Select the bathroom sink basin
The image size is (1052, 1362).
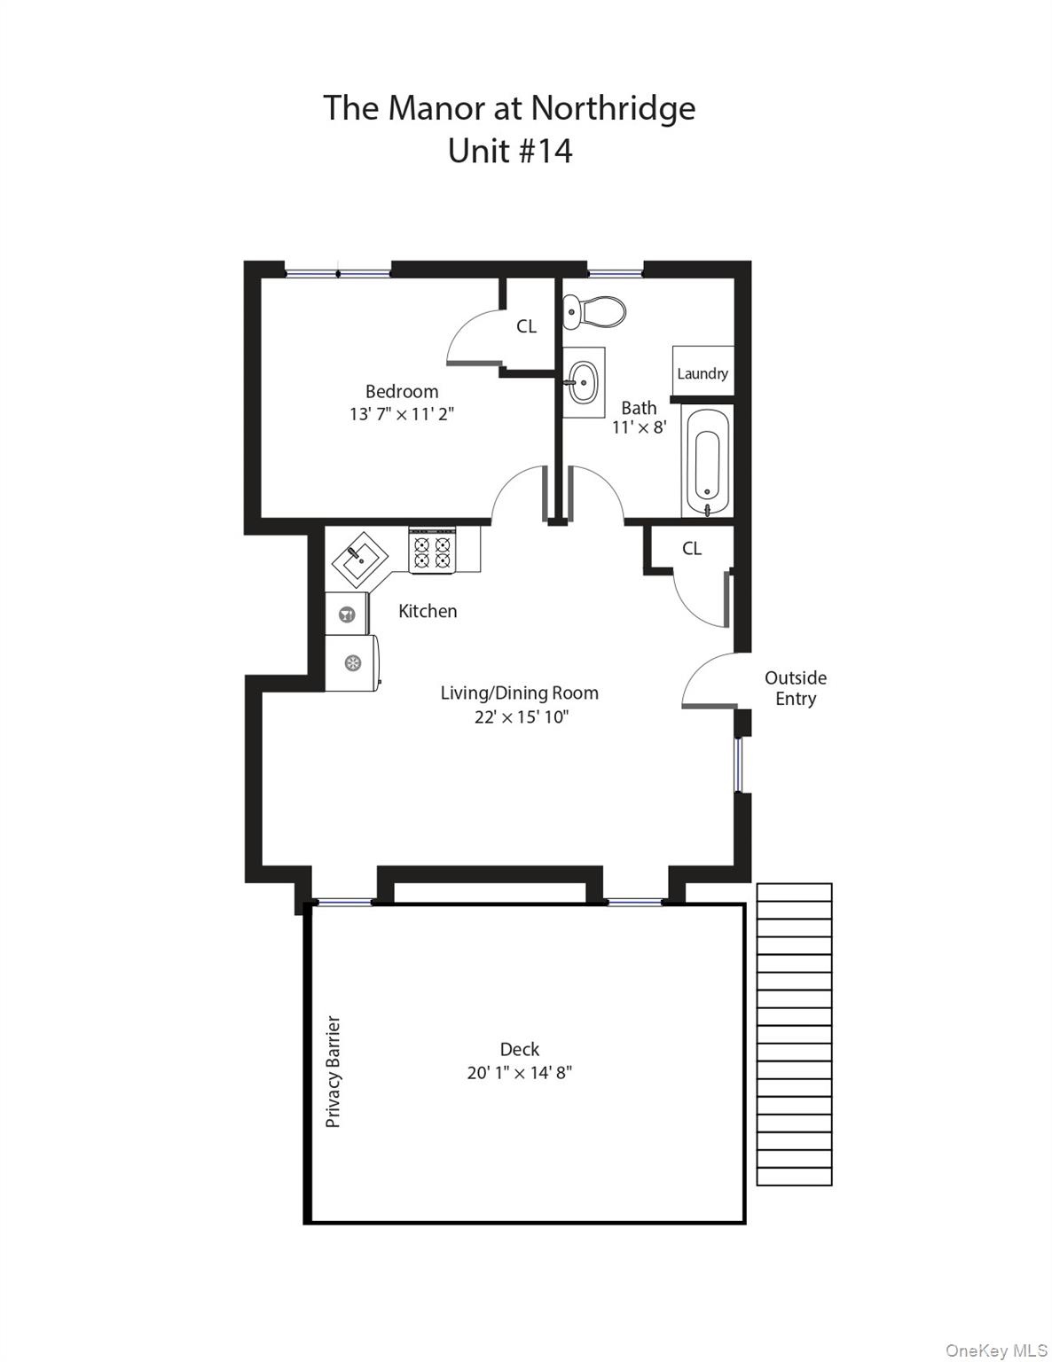coord(583,382)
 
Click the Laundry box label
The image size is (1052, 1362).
coord(703,373)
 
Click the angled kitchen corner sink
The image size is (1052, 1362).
coord(360,560)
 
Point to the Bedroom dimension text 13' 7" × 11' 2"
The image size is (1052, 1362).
coord(402,414)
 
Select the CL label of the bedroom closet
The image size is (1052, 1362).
coord(527,326)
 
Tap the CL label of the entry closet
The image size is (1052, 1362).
coord(692,549)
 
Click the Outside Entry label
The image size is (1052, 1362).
coord(796,688)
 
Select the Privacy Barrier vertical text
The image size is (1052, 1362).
coord(334,1071)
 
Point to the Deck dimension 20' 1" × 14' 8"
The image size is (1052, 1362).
coord(520,1073)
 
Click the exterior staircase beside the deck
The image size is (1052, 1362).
coord(794,1034)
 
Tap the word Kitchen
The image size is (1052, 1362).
coord(428,611)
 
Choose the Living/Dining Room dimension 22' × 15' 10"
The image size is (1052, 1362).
coord(521,716)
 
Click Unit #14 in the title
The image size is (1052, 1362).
coord(510,151)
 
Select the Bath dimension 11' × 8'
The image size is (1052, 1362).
coord(639,427)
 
